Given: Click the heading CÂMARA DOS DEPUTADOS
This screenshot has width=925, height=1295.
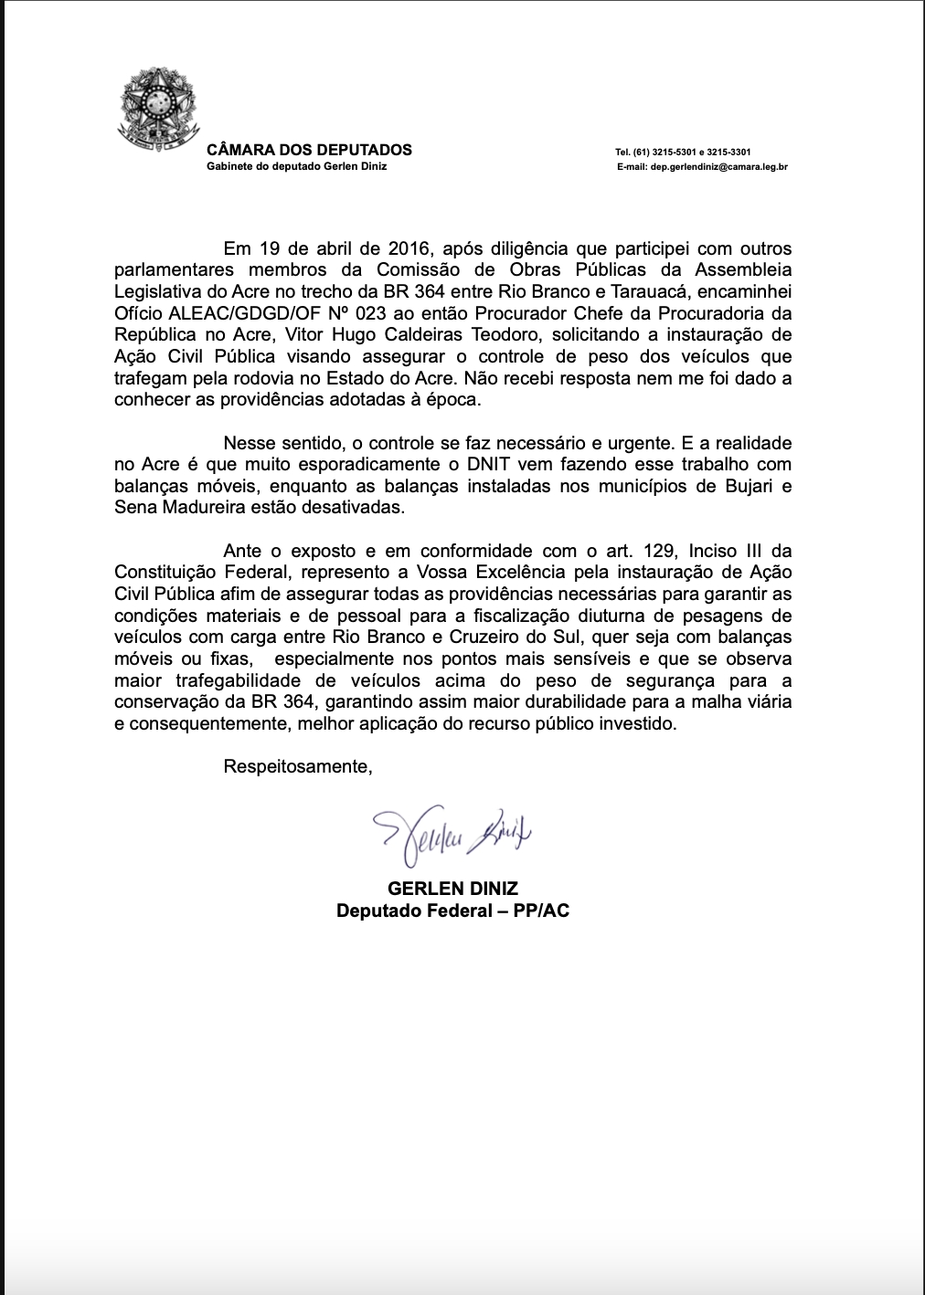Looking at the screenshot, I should (310, 150).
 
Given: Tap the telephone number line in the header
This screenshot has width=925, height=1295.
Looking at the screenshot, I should (684, 152).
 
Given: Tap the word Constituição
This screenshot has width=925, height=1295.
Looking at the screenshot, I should (166, 573).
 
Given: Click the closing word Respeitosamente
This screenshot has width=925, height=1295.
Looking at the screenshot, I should (298, 766).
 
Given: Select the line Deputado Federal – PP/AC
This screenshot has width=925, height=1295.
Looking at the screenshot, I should (452, 911).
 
